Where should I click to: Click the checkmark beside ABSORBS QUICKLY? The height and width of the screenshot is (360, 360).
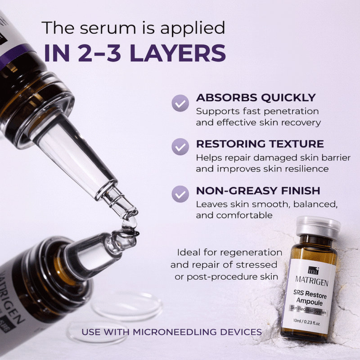tap(180, 103)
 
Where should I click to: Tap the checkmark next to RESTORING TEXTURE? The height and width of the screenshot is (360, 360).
tap(180, 147)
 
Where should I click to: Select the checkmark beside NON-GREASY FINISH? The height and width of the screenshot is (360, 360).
tap(180, 194)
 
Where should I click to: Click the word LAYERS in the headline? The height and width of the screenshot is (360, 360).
tap(178, 53)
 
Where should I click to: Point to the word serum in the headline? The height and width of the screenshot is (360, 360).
tap(108, 28)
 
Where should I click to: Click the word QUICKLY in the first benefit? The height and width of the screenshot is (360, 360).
tap(288, 98)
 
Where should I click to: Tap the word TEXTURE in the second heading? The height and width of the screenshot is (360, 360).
tap(297, 144)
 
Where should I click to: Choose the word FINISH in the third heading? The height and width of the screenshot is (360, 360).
tap(301, 190)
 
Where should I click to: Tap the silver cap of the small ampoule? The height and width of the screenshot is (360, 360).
tap(318, 227)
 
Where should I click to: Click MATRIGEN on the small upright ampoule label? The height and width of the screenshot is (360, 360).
tap(311, 281)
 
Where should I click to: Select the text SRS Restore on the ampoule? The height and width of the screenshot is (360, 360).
tap(310, 294)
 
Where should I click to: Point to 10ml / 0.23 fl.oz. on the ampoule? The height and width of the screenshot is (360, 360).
tap(306, 321)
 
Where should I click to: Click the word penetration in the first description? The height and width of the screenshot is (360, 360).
tap(291, 111)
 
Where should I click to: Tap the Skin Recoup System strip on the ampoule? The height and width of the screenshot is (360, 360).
tap(308, 310)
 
